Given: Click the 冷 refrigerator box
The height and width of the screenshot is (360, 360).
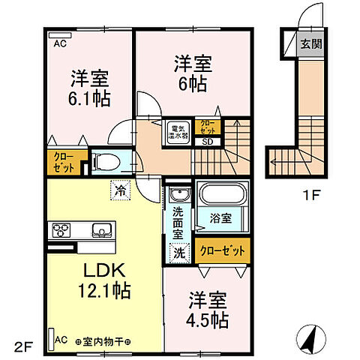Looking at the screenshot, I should pyautogui.click(x=119, y=190).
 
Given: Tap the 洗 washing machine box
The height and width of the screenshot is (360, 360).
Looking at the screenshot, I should pyautogui.click(x=180, y=253).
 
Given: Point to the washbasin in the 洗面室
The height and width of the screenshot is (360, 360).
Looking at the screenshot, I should pyautogui.click(x=178, y=196).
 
